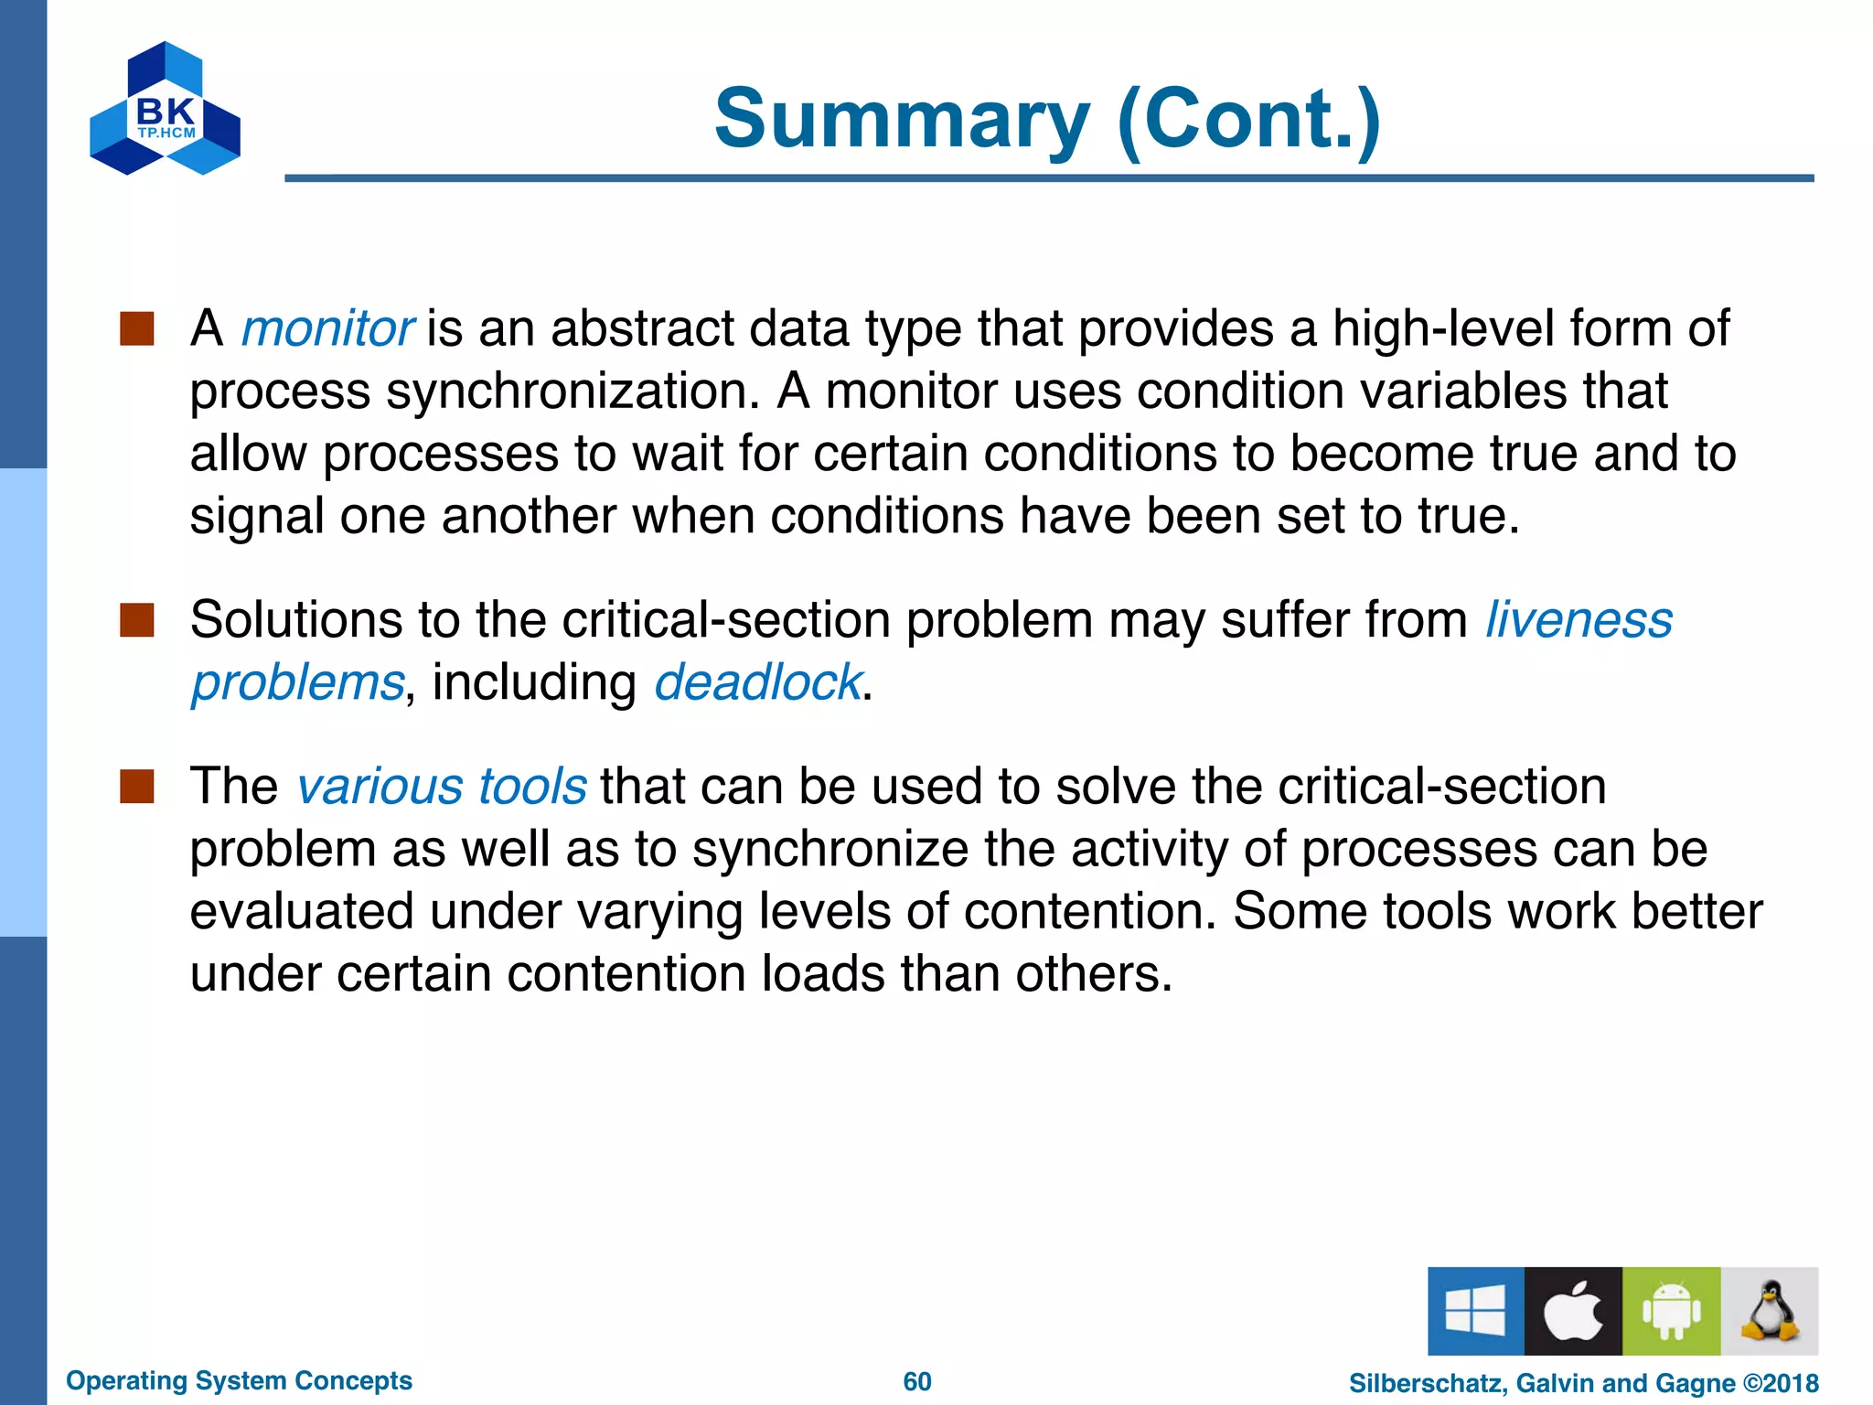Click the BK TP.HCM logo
click(x=165, y=109)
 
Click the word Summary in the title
click(x=902, y=119)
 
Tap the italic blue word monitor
click(x=326, y=328)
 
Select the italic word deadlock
click(x=757, y=682)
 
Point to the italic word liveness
click(x=1579, y=620)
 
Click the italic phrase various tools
click(x=442, y=787)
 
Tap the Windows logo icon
click(x=1475, y=1311)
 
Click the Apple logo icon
click(x=1573, y=1311)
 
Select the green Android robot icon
click(x=1671, y=1311)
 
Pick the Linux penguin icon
click(x=1769, y=1311)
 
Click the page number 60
click(x=917, y=1381)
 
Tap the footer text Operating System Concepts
click(x=239, y=1380)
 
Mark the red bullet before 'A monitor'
click(x=137, y=328)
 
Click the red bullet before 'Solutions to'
click(x=137, y=620)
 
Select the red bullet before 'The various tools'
click(x=137, y=787)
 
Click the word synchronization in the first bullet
click(x=573, y=391)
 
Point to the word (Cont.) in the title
click(x=1248, y=119)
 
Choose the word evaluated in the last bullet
click(x=302, y=912)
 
